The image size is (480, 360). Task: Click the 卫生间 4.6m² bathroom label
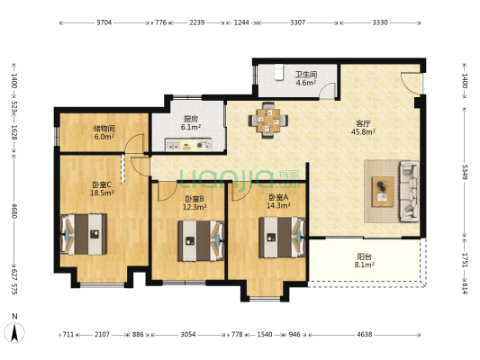click(306, 78)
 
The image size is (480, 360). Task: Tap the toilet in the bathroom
click(278, 72)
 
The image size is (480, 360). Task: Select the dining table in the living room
click(268, 121)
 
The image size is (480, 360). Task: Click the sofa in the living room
click(409, 192)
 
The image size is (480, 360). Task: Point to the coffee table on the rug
click(383, 192)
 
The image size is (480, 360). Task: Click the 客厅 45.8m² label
click(363, 128)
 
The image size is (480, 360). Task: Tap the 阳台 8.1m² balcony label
click(365, 261)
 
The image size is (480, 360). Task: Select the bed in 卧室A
click(282, 238)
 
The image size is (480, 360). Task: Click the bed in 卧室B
click(201, 241)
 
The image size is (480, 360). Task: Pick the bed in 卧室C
click(84, 234)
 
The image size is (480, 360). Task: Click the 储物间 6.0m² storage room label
click(104, 132)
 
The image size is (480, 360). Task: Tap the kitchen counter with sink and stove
click(188, 145)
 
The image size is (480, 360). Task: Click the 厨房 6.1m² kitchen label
click(191, 123)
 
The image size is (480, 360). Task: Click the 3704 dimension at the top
click(104, 22)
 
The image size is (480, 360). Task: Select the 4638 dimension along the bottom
click(365, 335)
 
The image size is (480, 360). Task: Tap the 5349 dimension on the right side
click(465, 172)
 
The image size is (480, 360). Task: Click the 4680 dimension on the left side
click(14, 211)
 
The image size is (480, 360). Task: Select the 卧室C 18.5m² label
click(103, 189)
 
